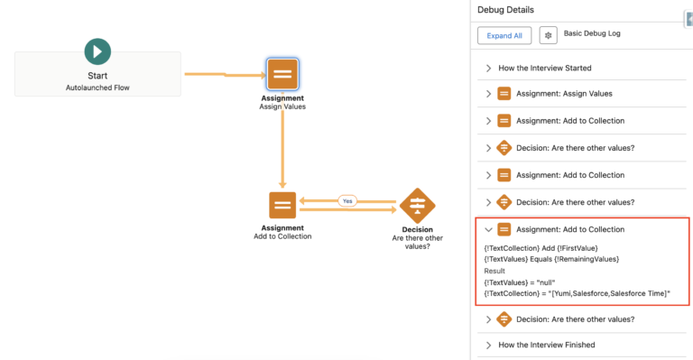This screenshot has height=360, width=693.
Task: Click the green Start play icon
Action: (97, 51)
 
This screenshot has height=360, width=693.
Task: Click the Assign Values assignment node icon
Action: (282, 74)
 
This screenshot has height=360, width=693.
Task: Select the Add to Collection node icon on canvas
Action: (282, 205)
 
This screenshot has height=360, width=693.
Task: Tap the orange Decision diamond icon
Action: (416, 205)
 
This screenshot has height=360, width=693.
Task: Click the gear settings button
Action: (548, 35)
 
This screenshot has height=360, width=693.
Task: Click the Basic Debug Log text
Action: (594, 33)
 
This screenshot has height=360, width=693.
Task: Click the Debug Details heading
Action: (505, 10)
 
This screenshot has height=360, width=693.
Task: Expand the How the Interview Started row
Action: (489, 68)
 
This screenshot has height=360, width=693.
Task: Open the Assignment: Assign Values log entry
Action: (568, 94)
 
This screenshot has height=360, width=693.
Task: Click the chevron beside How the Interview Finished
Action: (489, 345)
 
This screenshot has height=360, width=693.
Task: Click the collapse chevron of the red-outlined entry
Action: (488, 229)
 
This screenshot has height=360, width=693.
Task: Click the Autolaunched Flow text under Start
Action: (97, 88)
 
